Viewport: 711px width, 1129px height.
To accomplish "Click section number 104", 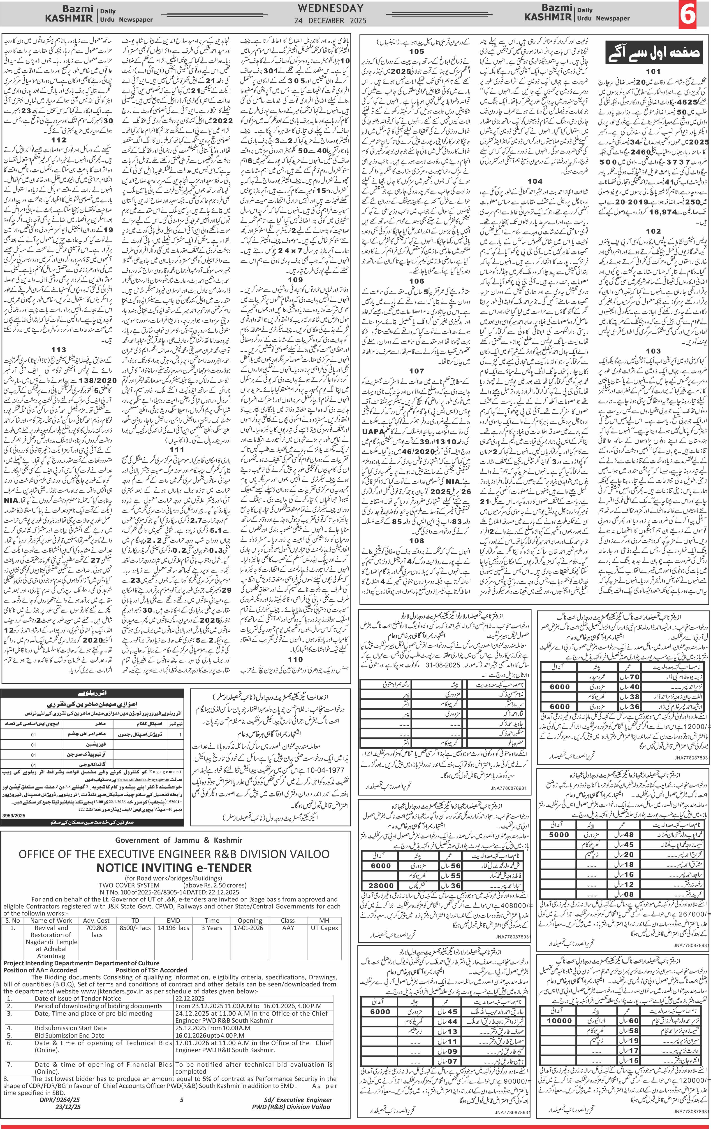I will tap(535, 181).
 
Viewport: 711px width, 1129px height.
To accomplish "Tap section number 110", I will tap(295, 659).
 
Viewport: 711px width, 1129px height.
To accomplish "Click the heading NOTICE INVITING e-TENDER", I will tap(174, 867).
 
